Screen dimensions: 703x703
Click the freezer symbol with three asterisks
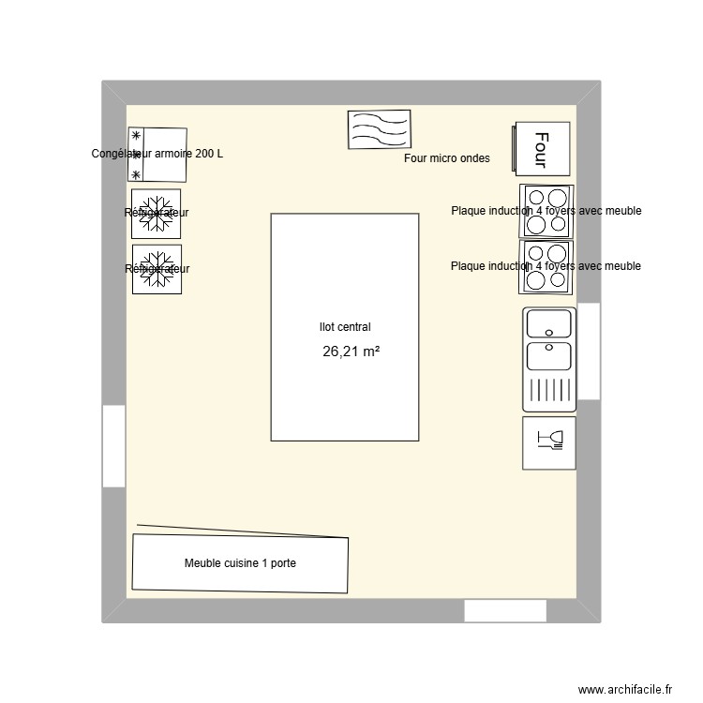tap(157, 156)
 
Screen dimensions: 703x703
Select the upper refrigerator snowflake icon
tap(157, 212)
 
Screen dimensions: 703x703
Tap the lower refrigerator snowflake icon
tap(157, 269)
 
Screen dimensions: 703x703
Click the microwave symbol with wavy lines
tap(379, 129)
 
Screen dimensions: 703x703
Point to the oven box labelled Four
tap(541, 149)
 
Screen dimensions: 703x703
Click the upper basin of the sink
tap(548, 323)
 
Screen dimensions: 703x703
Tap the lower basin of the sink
tap(548, 356)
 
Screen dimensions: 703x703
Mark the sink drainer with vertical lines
tap(548, 390)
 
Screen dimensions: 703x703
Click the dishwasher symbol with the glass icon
tap(548, 442)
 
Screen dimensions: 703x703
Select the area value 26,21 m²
tap(351, 352)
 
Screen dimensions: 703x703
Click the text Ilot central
tap(345, 327)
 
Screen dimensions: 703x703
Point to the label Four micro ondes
tap(446, 159)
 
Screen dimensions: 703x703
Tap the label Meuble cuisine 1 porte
tap(240, 563)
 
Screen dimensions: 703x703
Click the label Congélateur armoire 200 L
tap(157, 154)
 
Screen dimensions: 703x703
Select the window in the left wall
tap(113, 446)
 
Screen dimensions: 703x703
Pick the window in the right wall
tap(589, 351)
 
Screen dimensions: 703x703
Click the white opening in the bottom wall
tap(505, 611)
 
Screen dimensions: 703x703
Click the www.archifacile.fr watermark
tap(625, 689)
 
